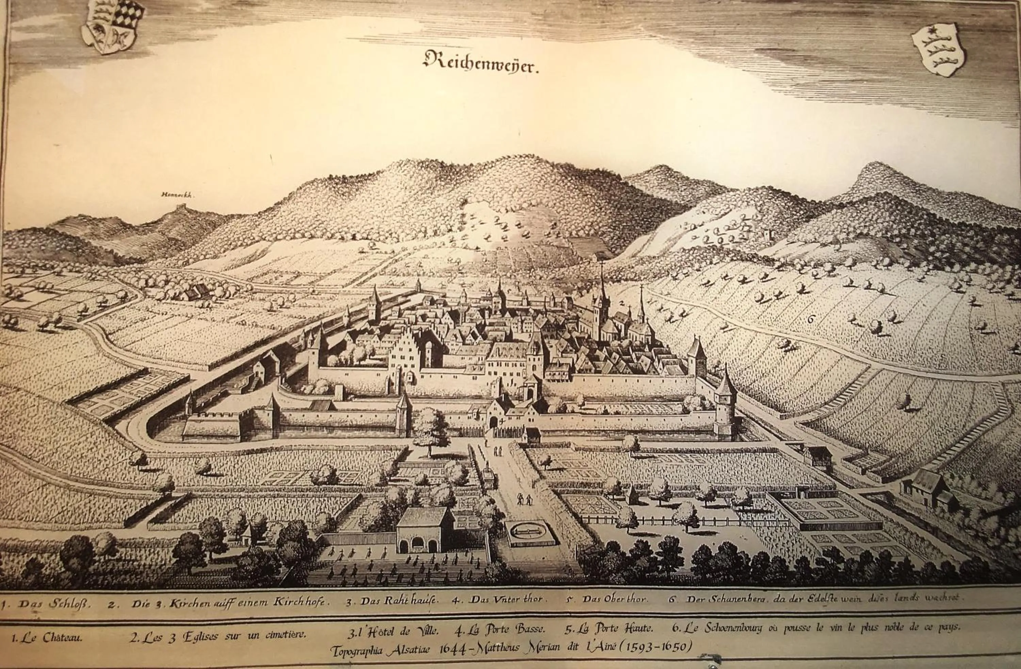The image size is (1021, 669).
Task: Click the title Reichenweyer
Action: coord(481,63)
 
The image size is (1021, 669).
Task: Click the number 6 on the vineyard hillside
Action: coord(810,319)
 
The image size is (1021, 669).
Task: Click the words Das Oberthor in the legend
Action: coord(616,599)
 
